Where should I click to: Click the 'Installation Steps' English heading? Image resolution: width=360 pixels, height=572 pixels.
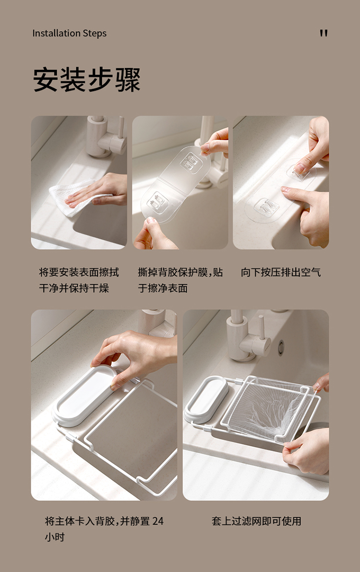pyautogui.click(x=69, y=33)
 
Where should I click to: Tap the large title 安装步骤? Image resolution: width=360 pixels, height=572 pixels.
pyautogui.click(x=87, y=80)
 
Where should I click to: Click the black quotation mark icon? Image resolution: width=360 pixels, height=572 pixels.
pyautogui.click(x=324, y=33)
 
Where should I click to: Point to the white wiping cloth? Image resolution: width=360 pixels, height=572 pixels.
pyautogui.click(x=73, y=196)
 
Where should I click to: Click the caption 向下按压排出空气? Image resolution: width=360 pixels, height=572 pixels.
pyautogui.click(x=281, y=272)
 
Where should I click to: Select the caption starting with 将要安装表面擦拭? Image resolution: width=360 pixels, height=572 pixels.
pyautogui.click(x=79, y=280)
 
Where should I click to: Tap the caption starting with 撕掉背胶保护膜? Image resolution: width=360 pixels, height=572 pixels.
pyautogui.click(x=180, y=280)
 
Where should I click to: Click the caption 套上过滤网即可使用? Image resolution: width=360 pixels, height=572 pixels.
pyautogui.click(x=256, y=521)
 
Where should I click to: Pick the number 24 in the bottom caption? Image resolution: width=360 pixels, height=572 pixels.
pyautogui.click(x=157, y=521)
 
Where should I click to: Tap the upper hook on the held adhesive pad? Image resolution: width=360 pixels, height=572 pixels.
pyautogui.click(x=191, y=161)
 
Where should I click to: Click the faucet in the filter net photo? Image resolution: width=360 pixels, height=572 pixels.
pyautogui.click(x=248, y=337)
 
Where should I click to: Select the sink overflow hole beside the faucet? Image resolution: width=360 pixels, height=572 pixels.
pyautogui.click(x=280, y=347)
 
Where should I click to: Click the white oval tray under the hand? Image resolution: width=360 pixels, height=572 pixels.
pyautogui.click(x=82, y=396)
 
